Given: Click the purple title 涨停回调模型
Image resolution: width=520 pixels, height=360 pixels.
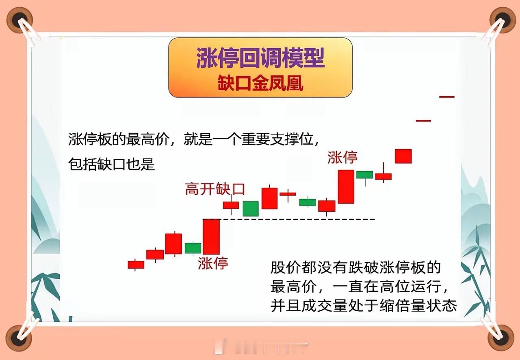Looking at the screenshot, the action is tap(260, 58).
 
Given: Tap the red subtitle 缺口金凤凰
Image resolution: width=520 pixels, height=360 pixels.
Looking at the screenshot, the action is tap(260, 83).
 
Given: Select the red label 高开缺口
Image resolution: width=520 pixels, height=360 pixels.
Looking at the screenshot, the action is tap(215, 189).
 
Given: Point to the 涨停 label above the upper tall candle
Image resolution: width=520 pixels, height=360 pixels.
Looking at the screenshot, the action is tap(342, 157).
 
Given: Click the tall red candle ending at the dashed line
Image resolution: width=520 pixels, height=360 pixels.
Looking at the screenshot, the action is tap(211, 236).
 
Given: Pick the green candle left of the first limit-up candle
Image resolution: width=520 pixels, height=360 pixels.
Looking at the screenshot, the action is tap(193, 248).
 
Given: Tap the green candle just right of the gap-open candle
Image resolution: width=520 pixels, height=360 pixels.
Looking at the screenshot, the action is tap(251, 208).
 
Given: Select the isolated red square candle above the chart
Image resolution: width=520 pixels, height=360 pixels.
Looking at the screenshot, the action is tap(403, 156).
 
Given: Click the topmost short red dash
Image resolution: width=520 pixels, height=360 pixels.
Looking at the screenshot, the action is tap(446, 97).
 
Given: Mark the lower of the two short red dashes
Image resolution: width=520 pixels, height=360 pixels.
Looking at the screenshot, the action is tap(423, 121).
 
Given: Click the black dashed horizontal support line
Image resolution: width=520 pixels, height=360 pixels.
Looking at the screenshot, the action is tap(289, 219).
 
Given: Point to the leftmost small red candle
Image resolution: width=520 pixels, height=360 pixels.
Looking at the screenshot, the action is tap(136, 265).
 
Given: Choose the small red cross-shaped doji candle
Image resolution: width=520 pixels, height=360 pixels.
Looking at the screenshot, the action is tap(288, 194).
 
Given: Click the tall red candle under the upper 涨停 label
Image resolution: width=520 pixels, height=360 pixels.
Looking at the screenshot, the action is tap(346, 187).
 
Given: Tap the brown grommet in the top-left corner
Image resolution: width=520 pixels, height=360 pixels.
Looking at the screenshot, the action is tap(19, 20).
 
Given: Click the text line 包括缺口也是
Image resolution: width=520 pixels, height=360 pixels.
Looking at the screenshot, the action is tap(111, 164).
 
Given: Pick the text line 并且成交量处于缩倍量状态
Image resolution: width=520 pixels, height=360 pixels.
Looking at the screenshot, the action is tap(364, 306).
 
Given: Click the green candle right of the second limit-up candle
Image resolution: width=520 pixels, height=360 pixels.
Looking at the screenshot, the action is tap(365, 175).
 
